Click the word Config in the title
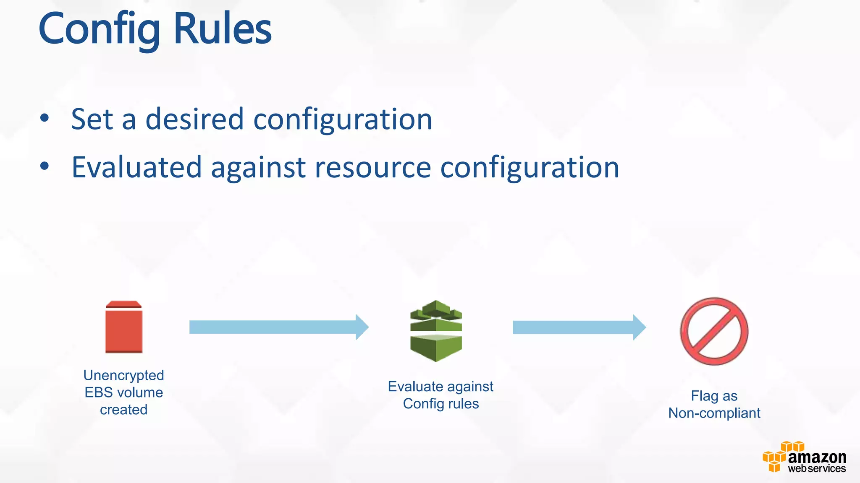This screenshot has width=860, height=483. [x=99, y=29]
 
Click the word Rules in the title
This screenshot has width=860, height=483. [x=222, y=29]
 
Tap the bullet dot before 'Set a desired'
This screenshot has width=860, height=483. [x=45, y=118]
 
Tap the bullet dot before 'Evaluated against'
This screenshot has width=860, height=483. [x=45, y=166]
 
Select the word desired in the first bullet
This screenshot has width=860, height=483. [x=194, y=119]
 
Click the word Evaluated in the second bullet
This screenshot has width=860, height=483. [x=136, y=167]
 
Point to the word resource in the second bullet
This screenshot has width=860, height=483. [x=372, y=167]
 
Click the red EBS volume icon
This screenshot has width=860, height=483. [x=123, y=327]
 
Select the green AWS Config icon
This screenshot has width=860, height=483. [x=436, y=331]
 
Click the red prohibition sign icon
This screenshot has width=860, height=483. [x=714, y=331]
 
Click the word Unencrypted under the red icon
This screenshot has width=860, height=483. [x=123, y=375]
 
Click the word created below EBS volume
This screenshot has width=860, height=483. [x=123, y=410]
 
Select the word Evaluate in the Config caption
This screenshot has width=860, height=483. [x=415, y=386]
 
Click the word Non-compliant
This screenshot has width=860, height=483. [x=714, y=413]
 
